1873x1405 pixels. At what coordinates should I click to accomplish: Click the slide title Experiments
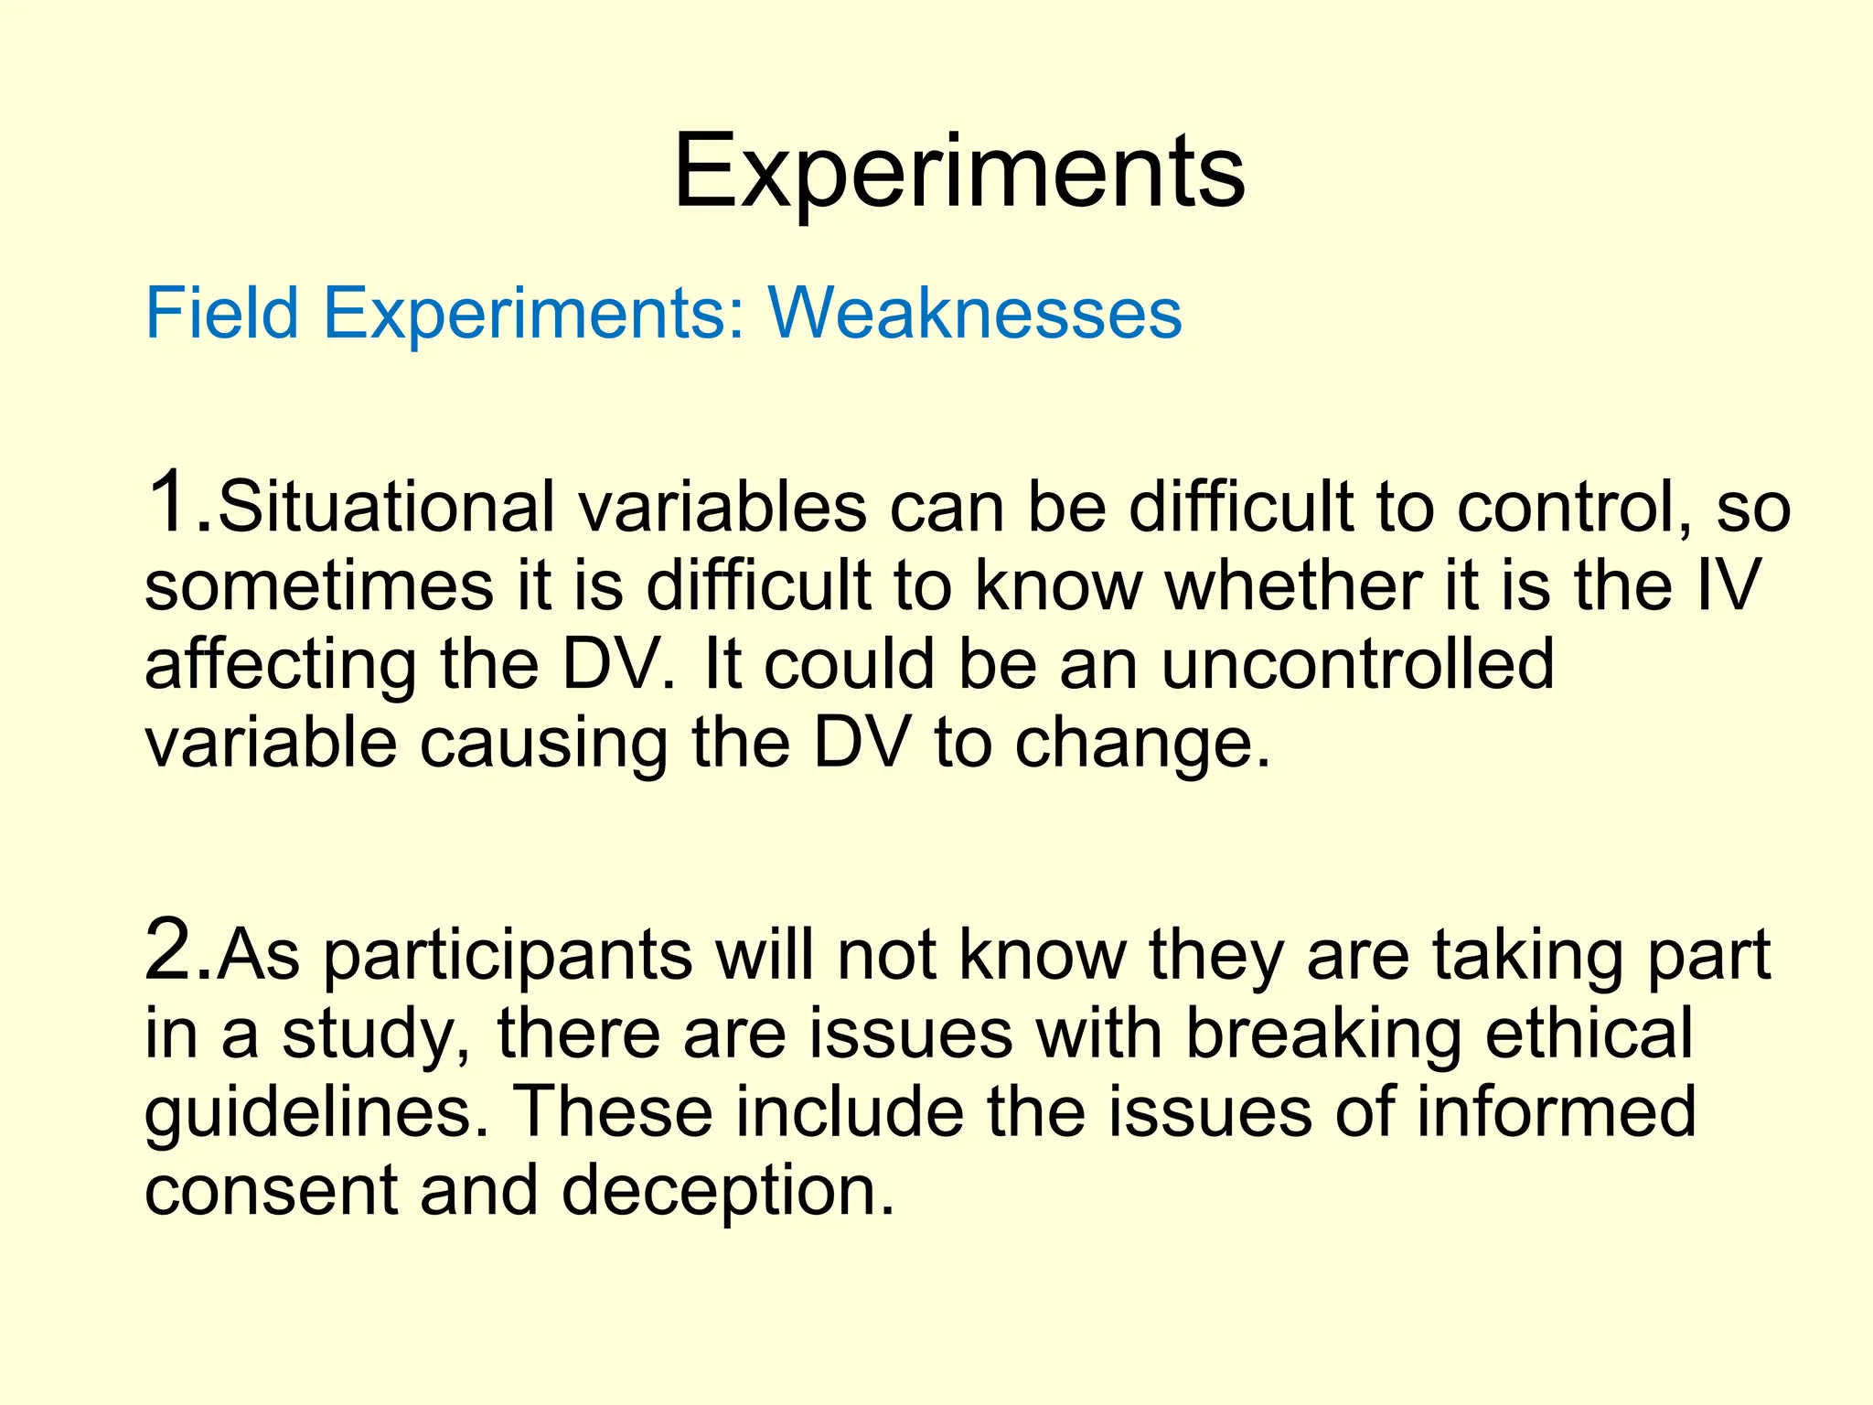coord(958,174)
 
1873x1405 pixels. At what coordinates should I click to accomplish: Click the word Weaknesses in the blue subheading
coord(975,314)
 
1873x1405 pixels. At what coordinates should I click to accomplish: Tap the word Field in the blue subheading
coord(222,314)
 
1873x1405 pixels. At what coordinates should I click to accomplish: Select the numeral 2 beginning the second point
coord(171,951)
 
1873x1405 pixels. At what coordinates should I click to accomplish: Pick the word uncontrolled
coord(1357,664)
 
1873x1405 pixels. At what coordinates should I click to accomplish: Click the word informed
coord(1556,1112)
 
